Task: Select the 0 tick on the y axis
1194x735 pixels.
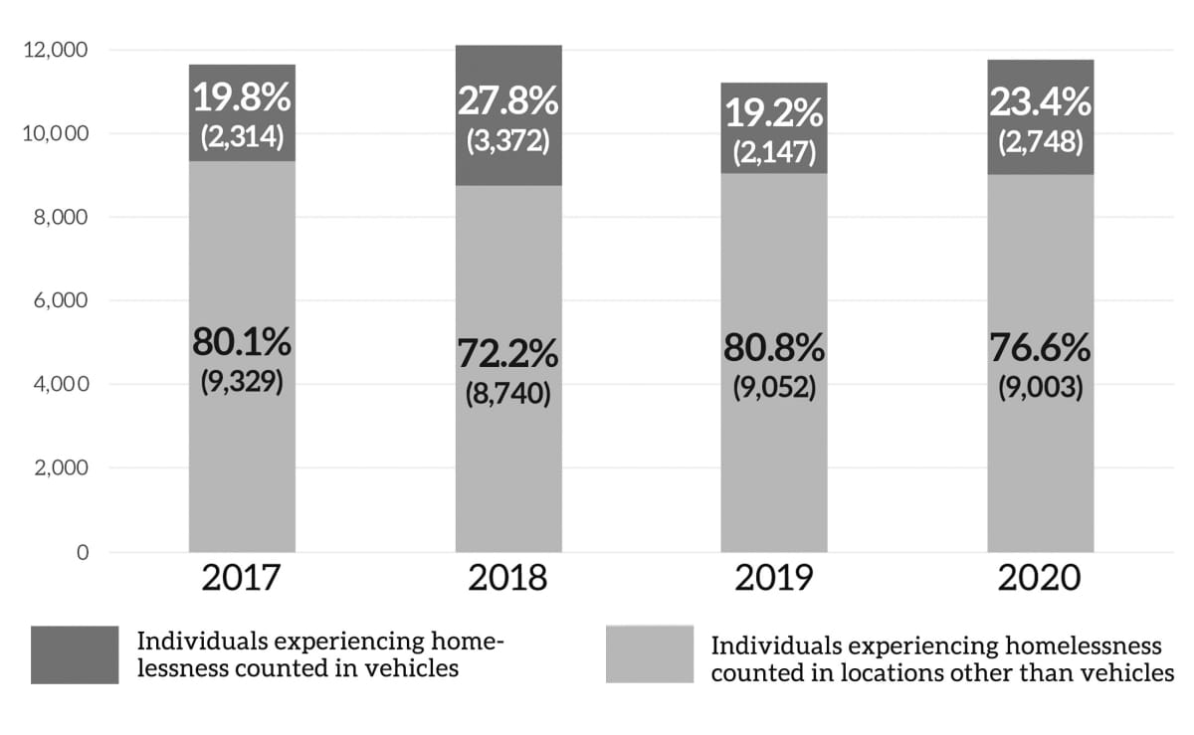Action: pyautogui.click(x=83, y=552)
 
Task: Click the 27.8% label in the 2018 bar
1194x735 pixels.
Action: pyautogui.click(x=508, y=102)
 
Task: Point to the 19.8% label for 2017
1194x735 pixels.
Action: pyautogui.click(x=242, y=100)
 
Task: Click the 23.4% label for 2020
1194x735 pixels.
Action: pyautogui.click(x=1041, y=101)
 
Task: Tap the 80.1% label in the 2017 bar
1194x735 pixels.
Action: pyautogui.click(x=242, y=344)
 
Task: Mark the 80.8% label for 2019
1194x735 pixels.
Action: pyautogui.click(x=774, y=348)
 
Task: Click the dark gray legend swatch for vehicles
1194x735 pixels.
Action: pyautogui.click(x=74, y=654)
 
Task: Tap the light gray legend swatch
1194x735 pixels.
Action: pyautogui.click(x=649, y=654)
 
